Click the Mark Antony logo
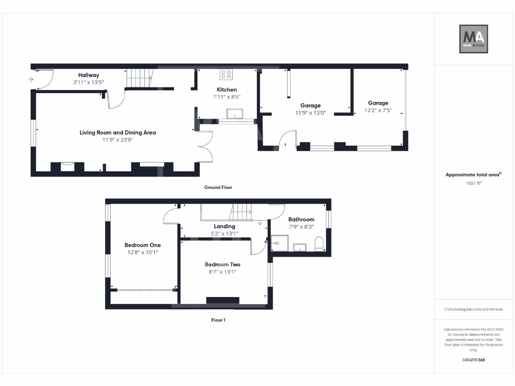(x=474, y=39)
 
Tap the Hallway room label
(x=89, y=75)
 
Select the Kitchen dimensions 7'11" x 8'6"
(x=227, y=97)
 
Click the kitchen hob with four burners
(x=226, y=74)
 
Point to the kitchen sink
(x=235, y=114)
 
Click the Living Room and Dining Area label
(x=118, y=133)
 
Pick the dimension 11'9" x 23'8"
(x=118, y=140)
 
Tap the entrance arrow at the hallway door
(x=31, y=79)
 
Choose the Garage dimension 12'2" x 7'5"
(x=378, y=110)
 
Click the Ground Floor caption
(x=218, y=187)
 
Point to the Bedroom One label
(x=143, y=245)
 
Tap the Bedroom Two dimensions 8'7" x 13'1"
(x=222, y=271)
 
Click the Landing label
(x=224, y=226)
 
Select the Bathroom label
(x=301, y=219)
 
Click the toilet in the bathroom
(x=319, y=245)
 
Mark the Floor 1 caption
(x=218, y=320)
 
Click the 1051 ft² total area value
(x=473, y=183)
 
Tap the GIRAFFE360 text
(x=473, y=360)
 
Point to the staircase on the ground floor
(x=138, y=78)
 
